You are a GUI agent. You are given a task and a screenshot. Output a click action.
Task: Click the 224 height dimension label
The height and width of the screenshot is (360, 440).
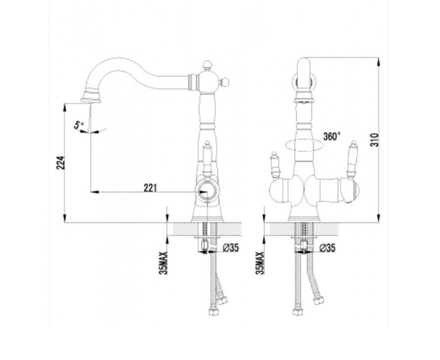pos(61,162)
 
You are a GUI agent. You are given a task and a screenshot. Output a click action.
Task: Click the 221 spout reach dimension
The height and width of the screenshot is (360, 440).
pos(150,188)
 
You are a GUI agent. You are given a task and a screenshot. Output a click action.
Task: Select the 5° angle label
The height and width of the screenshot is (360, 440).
pos(79,124)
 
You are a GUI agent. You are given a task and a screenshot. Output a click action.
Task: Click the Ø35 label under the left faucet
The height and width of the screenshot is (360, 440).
pos(231,247)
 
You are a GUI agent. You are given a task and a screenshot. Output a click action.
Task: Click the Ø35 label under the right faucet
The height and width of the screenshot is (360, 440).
pos(328,247)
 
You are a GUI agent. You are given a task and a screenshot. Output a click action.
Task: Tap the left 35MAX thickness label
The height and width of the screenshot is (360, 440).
pos(163,263)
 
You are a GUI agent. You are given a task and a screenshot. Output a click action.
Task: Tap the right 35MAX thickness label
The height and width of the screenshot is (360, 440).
pos(260,263)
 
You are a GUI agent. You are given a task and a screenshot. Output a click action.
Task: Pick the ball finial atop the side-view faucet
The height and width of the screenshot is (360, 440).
pos(207,65)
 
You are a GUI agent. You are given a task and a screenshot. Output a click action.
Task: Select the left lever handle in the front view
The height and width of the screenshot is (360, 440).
pos(275,166)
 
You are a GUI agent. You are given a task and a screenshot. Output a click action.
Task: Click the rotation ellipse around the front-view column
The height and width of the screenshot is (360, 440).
pos(305,145)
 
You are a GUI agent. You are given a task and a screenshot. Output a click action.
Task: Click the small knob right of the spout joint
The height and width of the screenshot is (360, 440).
pos(224,82)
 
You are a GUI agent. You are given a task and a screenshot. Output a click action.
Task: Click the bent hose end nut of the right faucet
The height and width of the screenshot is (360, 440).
pos(318,301)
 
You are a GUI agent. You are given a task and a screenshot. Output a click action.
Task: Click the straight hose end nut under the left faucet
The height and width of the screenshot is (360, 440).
pos(214,312)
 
